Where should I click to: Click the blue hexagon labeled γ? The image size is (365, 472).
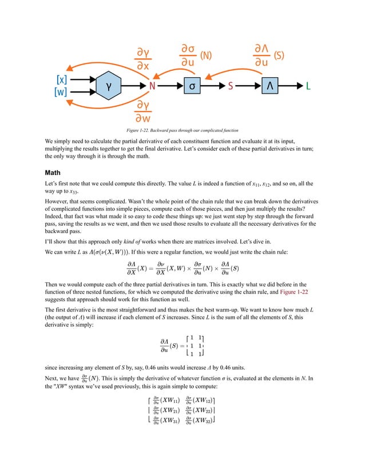click(106, 86)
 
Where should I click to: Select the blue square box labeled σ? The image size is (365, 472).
click(193, 86)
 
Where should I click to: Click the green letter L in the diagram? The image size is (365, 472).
click(308, 86)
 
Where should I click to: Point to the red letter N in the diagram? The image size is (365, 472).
click(152, 86)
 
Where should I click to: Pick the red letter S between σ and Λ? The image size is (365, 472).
click(231, 86)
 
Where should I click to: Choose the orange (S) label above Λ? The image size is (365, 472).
click(279, 56)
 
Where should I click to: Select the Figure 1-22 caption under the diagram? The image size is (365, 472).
click(182, 131)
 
